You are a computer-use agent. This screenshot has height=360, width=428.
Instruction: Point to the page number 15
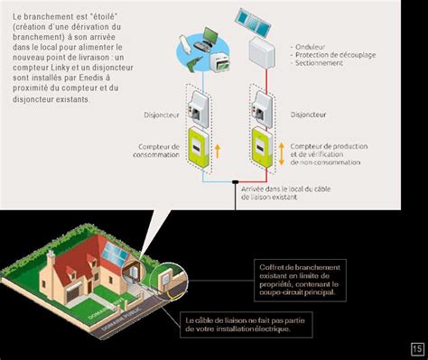416,348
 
